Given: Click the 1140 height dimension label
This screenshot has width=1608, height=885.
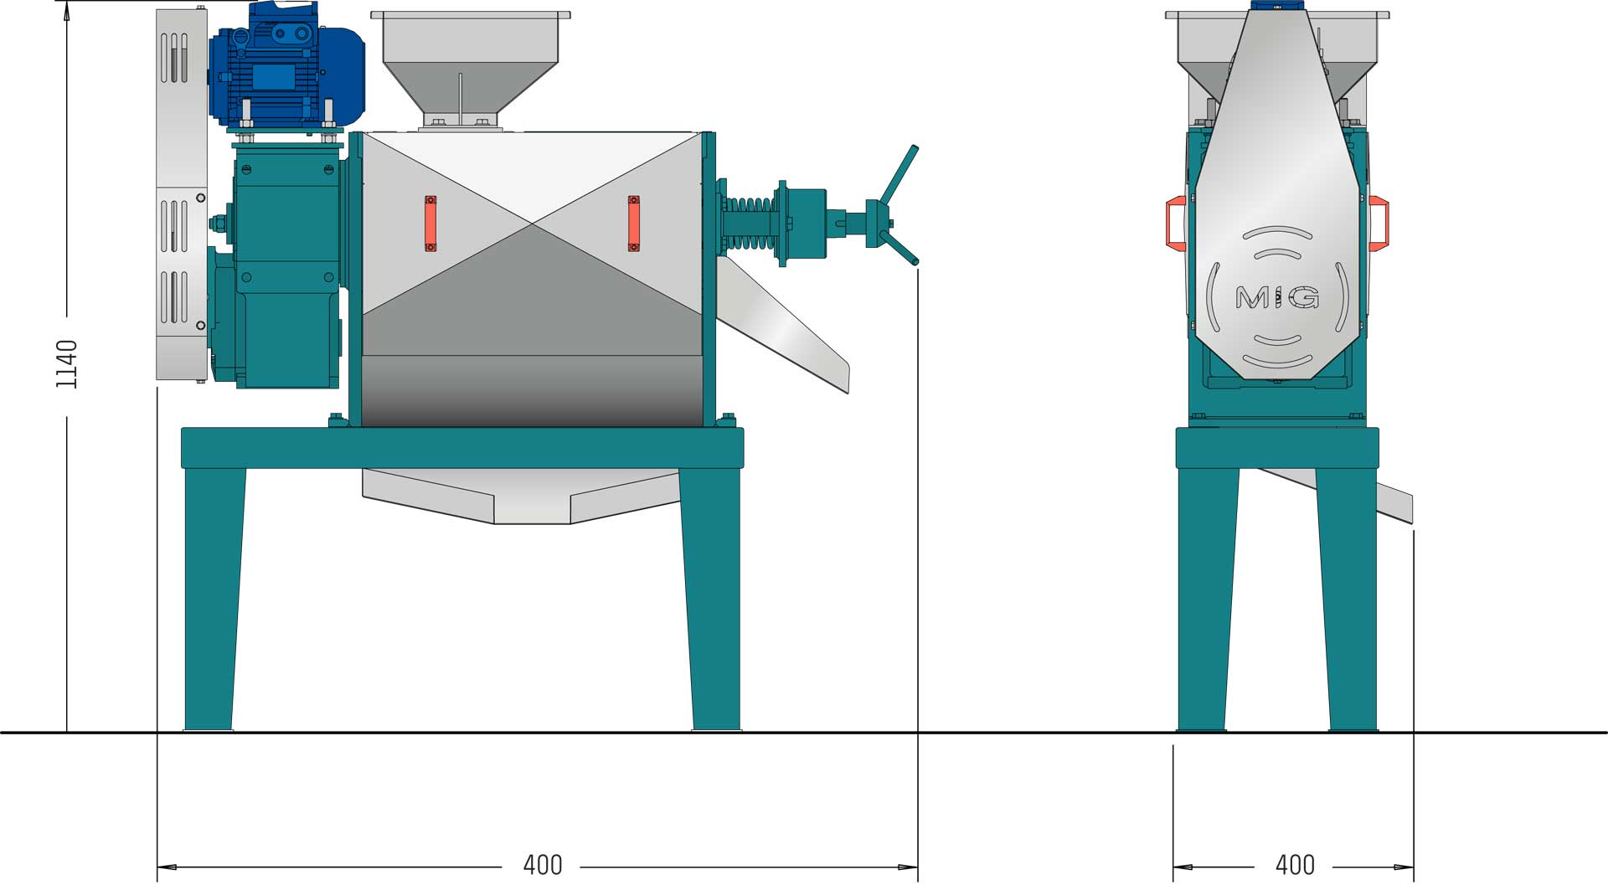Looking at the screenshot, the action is click(67, 364).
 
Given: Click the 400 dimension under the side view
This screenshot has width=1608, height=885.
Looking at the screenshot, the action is click(543, 865).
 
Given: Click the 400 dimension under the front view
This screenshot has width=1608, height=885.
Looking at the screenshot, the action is click(1295, 865).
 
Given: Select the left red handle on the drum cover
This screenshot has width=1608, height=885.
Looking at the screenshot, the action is click(430, 224).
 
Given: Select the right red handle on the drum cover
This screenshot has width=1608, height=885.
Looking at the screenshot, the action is click(634, 224).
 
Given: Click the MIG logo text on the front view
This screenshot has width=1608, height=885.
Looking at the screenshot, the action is click(1277, 297).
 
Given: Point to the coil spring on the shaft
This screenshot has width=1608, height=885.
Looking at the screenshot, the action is click(748, 223).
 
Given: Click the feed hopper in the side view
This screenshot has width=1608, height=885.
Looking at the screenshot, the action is click(471, 67).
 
